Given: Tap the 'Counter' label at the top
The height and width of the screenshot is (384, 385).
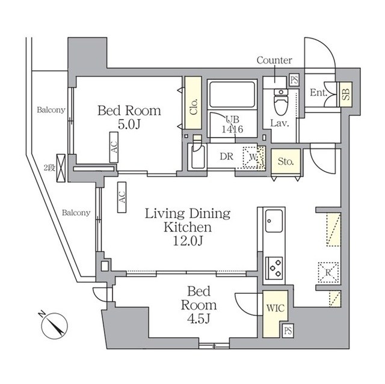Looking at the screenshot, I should [274, 60].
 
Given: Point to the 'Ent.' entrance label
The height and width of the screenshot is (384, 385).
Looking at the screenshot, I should [318, 93].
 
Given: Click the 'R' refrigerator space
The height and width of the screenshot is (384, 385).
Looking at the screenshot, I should [328, 271].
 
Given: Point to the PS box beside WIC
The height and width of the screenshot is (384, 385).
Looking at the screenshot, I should [288, 330].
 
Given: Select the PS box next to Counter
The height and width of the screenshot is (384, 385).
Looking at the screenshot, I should [294, 81].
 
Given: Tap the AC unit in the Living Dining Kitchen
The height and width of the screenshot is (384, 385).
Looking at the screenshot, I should [122, 197].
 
